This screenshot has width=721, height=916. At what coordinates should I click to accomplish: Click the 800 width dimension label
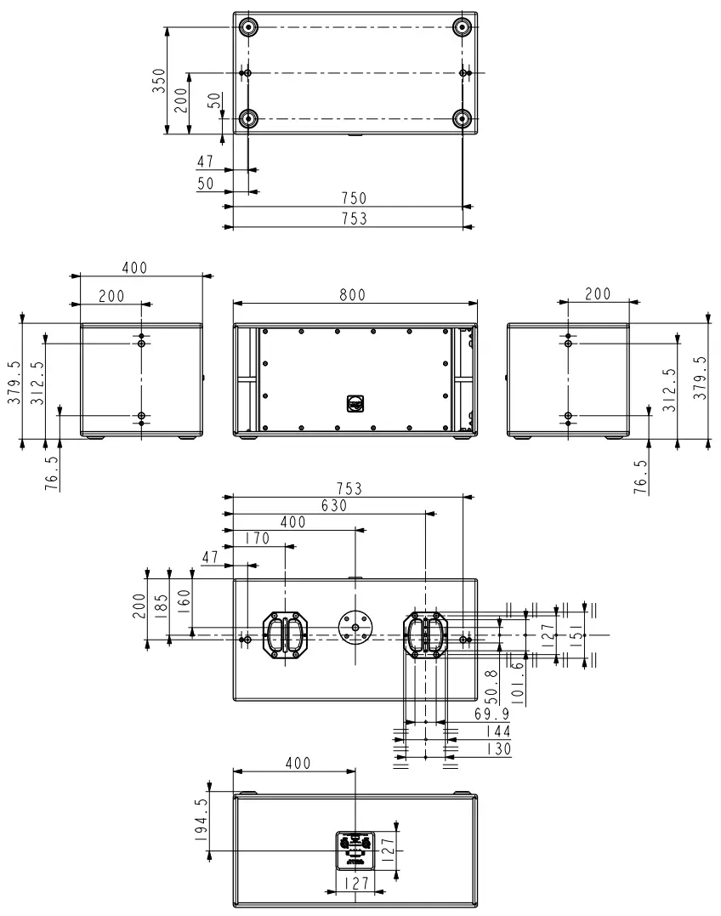(352, 294)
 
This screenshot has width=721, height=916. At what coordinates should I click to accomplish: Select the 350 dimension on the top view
(159, 80)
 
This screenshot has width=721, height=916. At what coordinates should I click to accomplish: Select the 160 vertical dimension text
(185, 605)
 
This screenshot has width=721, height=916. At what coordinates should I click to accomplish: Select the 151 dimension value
(575, 633)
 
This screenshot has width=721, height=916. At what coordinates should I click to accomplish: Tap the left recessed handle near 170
(286, 634)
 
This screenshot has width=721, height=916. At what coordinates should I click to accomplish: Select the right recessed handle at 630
(424, 634)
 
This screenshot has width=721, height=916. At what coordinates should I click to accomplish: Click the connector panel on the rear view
(355, 850)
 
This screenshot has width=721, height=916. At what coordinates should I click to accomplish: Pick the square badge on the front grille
(355, 402)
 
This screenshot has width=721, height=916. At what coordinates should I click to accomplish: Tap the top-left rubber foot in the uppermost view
(247, 27)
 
